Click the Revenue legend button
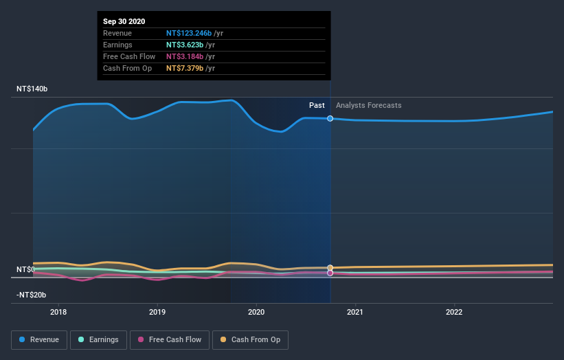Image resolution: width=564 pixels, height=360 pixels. (39, 339)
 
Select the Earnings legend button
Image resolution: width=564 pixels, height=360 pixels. (98, 339)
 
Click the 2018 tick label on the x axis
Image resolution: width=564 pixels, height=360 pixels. (58, 311)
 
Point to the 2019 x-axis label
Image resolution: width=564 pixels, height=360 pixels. (157, 311)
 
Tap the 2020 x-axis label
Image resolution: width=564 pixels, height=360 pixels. (256, 311)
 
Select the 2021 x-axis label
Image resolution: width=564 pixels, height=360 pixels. (355, 311)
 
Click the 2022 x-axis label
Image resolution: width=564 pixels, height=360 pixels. (454, 311)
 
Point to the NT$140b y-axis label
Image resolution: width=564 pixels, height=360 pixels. (32, 89)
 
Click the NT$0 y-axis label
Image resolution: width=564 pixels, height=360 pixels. (25, 269)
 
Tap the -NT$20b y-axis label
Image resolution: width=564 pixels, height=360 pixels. (32, 295)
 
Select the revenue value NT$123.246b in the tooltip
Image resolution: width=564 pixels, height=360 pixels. (185, 33)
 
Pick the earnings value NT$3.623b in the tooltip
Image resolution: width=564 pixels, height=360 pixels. (181, 45)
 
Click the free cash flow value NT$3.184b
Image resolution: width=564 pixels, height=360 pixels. (181, 56)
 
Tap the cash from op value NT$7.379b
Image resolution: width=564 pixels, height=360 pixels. (181, 68)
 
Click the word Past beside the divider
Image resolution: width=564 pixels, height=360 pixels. (317, 105)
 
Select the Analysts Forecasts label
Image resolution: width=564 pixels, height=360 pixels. (369, 105)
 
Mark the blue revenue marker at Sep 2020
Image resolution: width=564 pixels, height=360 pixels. (330, 118)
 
